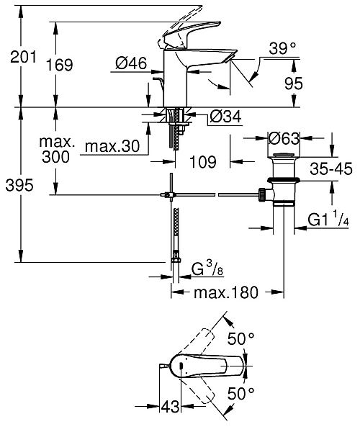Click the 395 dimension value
(17, 186)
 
